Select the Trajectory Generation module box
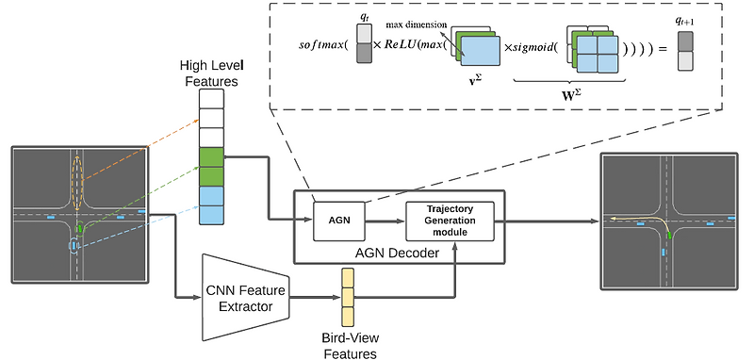tap(450, 221)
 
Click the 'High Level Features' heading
tap(212, 74)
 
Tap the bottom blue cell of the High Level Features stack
tap(212, 216)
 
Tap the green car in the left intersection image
tap(80, 228)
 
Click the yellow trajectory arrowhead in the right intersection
tap(613, 217)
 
